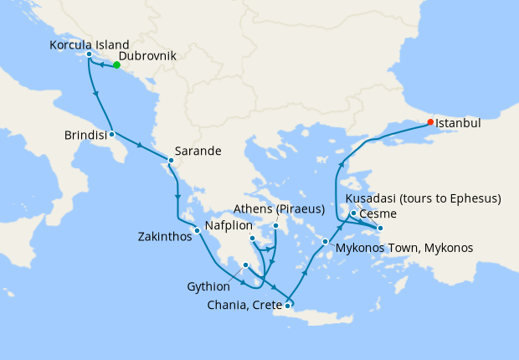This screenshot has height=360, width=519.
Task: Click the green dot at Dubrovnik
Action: click(116, 65)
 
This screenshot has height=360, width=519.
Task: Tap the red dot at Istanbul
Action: click(430, 122)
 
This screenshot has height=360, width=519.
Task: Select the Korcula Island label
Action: click(90, 44)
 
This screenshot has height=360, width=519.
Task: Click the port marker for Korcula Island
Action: click(89, 55)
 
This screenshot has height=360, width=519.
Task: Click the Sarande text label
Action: click(199, 152)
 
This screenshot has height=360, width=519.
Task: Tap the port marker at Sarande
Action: click(171, 160)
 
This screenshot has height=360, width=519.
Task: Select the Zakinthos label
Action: click(165, 237)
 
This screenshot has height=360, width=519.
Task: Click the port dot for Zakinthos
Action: click(197, 230)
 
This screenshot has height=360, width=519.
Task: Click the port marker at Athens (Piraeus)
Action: click(275, 226)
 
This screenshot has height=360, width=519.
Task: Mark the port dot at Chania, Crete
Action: click(287, 306)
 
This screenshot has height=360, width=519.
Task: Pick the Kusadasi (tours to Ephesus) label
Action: click(424, 198)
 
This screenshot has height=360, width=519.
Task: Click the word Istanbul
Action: click(460, 122)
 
